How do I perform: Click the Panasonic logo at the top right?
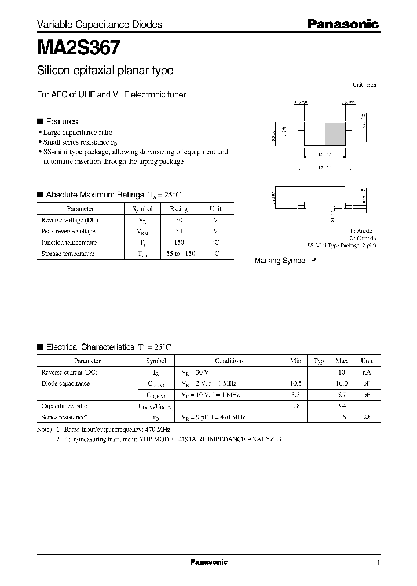click(x=342, y=24)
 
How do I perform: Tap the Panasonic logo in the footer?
click(x=209, y=562)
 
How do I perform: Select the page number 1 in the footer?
click(x=378, y=563)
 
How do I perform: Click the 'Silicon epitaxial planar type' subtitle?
click(x=105, y=71)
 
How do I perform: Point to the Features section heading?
click(x=61, y=122)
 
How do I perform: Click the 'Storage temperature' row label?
click(x=68, y=254)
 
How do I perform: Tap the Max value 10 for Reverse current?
click(x=342, y=372)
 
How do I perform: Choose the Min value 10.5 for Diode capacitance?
click(x=295, y=383)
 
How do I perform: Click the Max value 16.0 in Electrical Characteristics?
click(x=342, y=383)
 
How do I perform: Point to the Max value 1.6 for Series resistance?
click(x=342, y=417)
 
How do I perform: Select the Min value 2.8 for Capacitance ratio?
click(x=295, y=406)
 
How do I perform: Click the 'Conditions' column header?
click(x=229, y=361)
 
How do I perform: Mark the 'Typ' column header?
click(x=319, y=361)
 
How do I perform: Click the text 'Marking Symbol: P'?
click(x=285, y=261)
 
